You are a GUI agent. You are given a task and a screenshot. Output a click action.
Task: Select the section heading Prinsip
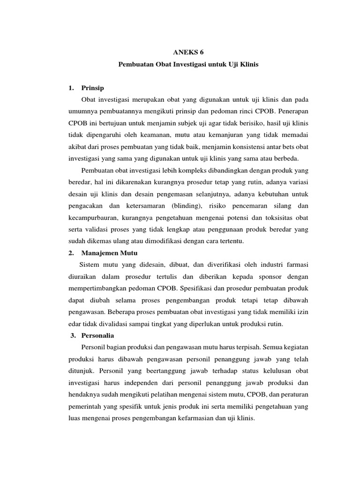point(92,88)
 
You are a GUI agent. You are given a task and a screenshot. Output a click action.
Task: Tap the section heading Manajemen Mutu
point(109,253)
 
